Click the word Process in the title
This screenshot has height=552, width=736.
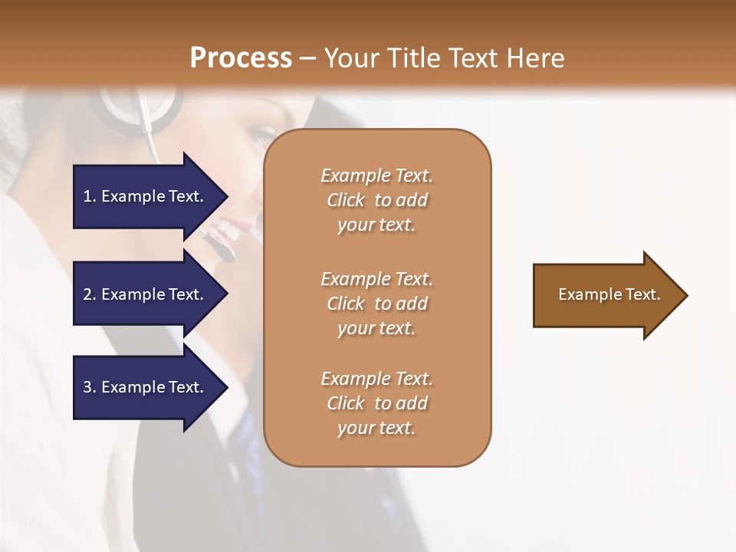241,58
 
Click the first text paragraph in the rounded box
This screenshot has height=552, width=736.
376,200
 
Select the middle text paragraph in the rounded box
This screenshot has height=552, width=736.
376,304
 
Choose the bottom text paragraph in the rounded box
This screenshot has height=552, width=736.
376,403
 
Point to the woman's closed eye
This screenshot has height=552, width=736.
258,139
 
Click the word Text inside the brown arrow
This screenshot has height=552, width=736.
642,294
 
